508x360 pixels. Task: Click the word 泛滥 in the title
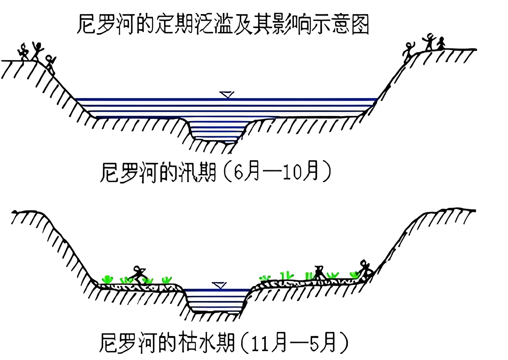pyautogui.click(x=213, y=24)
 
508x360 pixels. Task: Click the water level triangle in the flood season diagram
pyautogui.click(x=227, y=95)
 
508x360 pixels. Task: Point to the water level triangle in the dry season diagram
pyautogui.click(x=220, y=285)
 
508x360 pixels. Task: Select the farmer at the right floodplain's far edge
pyautogui.click(x=365, y=269)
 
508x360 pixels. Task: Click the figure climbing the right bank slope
pyautogui.click(x=408, y=52)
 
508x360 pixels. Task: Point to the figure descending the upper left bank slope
pyautogui.click(x=50, y=63)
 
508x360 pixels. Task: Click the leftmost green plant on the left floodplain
pyautogui.click(x=107, y=279)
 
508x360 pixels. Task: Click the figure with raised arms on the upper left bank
pyautogui.click(x=37, y=51)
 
